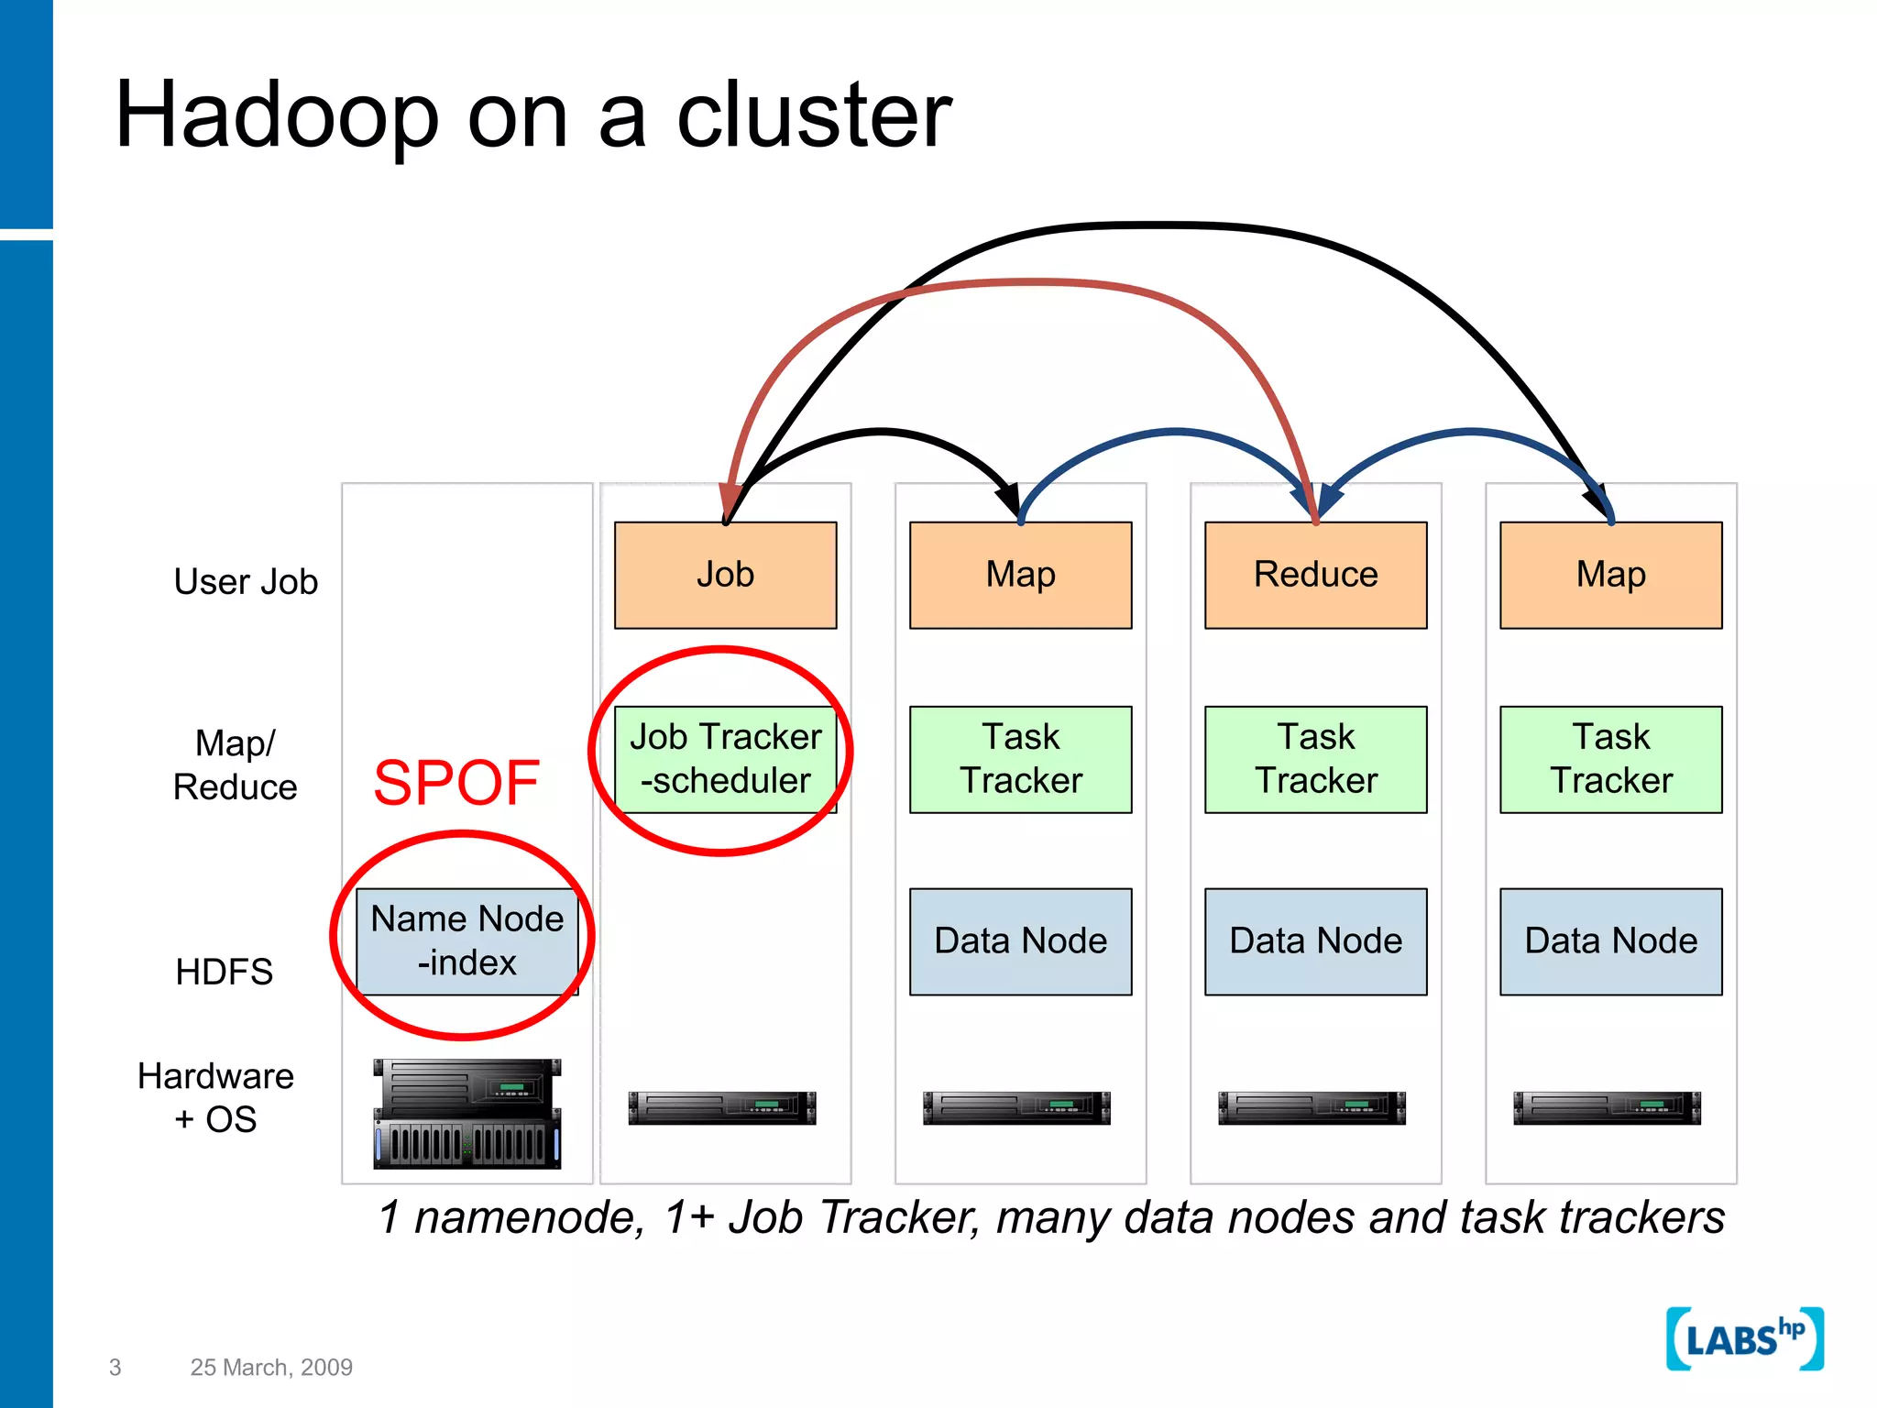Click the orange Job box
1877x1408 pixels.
pyautogui.click(x=725, y=575)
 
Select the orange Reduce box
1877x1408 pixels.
pyautogui.click(x=1315, y=575)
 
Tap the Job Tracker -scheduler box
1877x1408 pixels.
pyautogui.click(x=725, y=759)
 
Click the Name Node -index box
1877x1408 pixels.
pyautogui.click(x=467, y=941)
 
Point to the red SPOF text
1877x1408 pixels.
pyautogui.click(x=456, y=783)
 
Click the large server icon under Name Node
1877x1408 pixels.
pyautogui.click(x=467, y=1114)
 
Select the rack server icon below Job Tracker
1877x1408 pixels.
pyautogui.click(x=722, y=1107)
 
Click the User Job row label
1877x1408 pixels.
pyautogui.click(x=246, y=582)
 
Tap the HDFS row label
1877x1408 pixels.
pyautogui.click(x=224, y=972)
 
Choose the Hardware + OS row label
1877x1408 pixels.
pyautogui.click(x=215, y=1097)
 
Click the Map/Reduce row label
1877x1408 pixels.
pyautogui.click(x=235, y=765)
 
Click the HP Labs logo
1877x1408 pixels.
pyautogui.click(x=1743, y=1339)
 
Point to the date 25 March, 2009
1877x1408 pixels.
pyautogui.click(x=271, y=1367)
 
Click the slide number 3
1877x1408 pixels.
pyautogui.click(x=115, y=1367)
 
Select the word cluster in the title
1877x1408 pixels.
pyautogui.click(x=814, y=115)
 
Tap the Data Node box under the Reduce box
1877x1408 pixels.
pyautogui.click(x=1315, y=941)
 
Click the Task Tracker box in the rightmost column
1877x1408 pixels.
pyautogui.click(x=1610, y=759)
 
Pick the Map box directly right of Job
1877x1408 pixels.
pyautogui.click(x=1020, y=575)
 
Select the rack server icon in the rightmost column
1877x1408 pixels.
pyautogui.click(x=1607, y=1107)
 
